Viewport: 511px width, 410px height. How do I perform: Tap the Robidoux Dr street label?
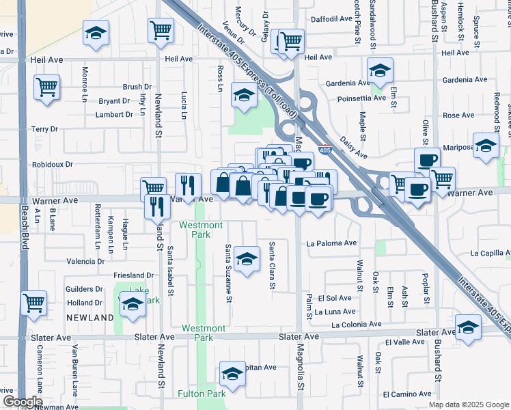coord(52,165)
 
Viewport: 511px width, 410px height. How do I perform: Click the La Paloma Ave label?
coord(331,243)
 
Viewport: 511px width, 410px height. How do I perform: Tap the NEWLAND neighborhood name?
coord(89,318)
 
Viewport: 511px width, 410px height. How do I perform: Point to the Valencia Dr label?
coord(85,262)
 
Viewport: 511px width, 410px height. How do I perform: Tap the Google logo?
coord(23,402)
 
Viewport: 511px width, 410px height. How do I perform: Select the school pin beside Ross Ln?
coord(244,95)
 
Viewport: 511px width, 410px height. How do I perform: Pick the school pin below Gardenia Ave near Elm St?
coord(380,70)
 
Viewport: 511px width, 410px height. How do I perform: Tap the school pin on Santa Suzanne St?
coord(247,258)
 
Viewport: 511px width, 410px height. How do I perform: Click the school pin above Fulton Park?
coord(232,374)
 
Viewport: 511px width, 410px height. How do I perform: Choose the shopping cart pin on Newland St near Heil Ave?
coord(161,30)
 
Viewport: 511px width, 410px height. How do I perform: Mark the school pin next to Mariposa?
coord(486,146)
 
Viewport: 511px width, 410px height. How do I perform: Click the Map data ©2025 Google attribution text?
coord(469,405)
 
